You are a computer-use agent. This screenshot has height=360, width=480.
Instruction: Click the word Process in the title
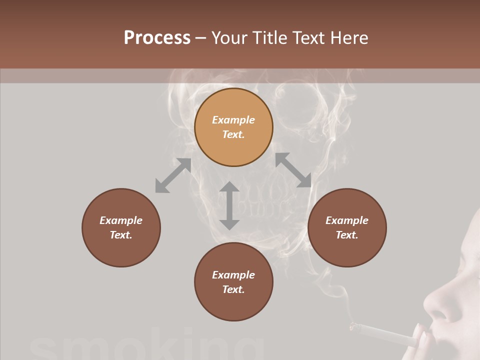(157, 38)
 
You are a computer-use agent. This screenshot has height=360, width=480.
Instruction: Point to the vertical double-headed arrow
(229, 205)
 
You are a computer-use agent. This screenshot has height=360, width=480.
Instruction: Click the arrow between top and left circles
(173, 175)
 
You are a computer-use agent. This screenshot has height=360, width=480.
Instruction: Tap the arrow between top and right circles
(293, 170)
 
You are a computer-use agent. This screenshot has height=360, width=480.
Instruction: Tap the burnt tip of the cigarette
(353, 327)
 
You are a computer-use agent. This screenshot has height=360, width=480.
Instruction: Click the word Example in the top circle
(233, 120)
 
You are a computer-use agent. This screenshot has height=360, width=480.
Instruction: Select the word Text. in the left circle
(121, 235)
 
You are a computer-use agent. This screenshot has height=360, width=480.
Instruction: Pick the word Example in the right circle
(347, 220)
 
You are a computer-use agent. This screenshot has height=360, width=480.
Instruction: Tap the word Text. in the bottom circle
(233, 289)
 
